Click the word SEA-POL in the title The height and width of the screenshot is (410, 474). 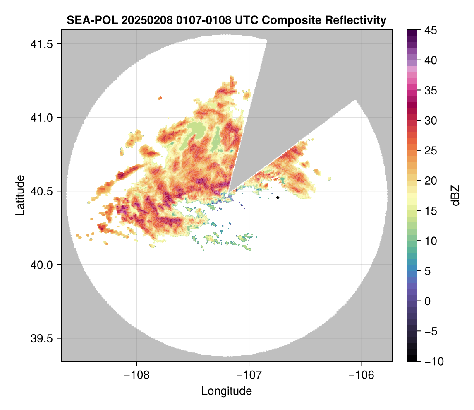pyautogui.click(x=87, y=20)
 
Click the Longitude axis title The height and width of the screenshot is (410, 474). pyautogui.click(x=227, y=391)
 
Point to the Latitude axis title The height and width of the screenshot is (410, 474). pyautogui.click(x=19, y=195)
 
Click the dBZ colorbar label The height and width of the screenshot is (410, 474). pyautogui.click(x=455, y=195)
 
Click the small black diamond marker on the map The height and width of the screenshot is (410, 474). pyautogui.click(x=278, y=198)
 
